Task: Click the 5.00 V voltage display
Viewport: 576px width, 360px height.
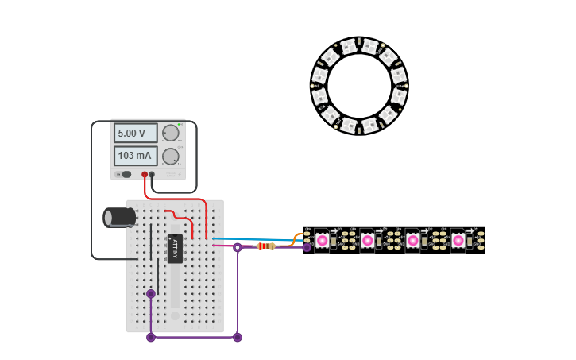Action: (135, 133)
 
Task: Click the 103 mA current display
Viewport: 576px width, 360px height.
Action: (135, 156)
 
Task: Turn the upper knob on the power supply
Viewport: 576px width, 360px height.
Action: (170, 133)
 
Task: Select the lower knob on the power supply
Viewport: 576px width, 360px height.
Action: (170, 156)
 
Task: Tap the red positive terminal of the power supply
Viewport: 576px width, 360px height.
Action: (145, 174)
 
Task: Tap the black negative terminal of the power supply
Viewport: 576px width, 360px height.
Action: (152, 174)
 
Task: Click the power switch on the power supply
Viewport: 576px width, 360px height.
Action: (126, 174)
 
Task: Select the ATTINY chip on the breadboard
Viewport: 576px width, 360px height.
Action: (176, 248)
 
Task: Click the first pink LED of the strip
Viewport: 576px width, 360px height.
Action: (322, 240)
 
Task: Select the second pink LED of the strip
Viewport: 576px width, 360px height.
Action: (367, 240)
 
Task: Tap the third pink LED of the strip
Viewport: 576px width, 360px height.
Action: (412, 240)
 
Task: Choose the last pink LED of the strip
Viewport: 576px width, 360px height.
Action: (458, 240)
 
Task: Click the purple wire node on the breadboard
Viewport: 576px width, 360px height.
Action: (151, 294)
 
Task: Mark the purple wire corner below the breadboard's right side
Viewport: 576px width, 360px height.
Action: (237, 337)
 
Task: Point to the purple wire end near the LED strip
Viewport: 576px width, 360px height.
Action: (307, 247)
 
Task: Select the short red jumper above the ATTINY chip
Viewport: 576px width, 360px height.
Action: (180, 216)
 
